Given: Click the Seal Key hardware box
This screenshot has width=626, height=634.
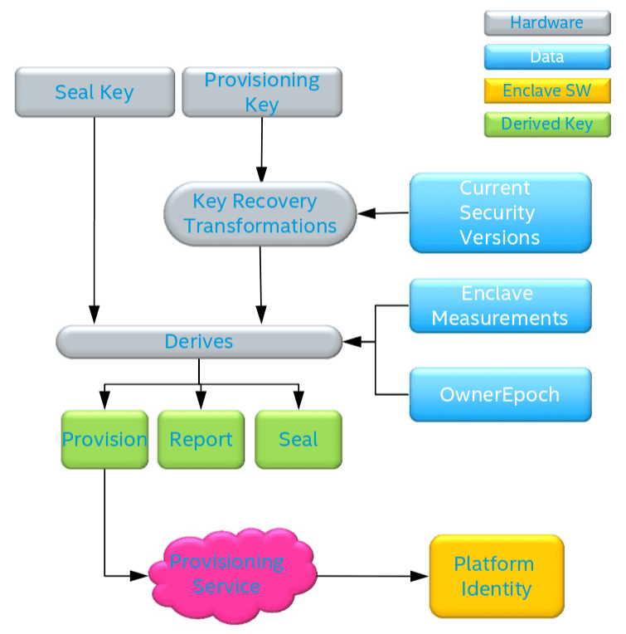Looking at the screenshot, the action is coord(95,92).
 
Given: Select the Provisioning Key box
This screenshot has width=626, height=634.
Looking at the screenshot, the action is coord(262,92).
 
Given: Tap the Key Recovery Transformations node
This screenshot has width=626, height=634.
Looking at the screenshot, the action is coord(260,214).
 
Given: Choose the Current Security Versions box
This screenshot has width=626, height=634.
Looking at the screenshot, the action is coord(501,212).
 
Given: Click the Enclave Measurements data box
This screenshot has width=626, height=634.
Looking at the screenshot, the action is coord(501,305).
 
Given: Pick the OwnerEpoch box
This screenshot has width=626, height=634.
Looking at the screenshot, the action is coord(501,395).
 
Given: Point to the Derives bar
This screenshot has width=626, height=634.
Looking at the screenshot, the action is coord(199,342).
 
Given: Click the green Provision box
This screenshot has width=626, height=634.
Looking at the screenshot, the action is coord(104,440).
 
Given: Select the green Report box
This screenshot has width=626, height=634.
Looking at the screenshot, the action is coord(201,440).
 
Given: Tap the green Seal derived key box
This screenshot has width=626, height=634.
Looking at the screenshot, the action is coord(298,440).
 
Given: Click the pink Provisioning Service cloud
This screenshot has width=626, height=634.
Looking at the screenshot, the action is coord(232,575).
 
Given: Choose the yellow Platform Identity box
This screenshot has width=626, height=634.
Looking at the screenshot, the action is coord(497,576).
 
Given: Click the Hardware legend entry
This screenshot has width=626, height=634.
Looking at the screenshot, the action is coord(547,23).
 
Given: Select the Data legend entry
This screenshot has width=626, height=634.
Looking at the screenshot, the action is coord(547,57).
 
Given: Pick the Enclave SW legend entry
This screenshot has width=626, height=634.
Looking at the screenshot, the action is coord(547,90).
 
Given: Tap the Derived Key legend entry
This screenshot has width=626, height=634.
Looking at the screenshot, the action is coord(547,124).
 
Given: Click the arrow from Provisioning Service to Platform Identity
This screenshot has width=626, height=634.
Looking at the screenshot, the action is coord(373,576).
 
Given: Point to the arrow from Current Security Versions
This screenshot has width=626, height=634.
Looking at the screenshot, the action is coord(383,213).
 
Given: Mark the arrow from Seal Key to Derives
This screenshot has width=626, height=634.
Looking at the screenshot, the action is coord(95,221).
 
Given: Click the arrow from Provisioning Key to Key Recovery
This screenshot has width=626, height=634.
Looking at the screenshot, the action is coord(262,149).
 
